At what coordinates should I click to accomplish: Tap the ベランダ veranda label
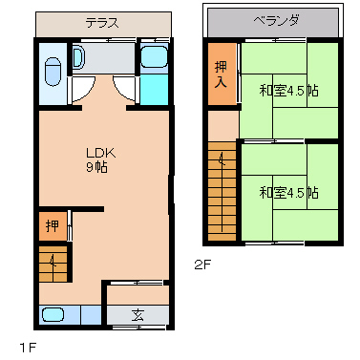pos(272,20)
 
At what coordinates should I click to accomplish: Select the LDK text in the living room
pos(100,152)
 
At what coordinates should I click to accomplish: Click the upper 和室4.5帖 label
pos(288,92)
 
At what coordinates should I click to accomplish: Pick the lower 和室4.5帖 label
pos(288,191)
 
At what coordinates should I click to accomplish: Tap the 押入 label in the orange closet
pos(220,74)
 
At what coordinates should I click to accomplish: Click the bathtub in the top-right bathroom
pos(153,57)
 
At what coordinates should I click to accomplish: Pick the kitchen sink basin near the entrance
pos(55,314)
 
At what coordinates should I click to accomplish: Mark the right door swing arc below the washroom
pos(124,91)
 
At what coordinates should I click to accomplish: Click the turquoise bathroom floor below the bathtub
pos(153,91)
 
